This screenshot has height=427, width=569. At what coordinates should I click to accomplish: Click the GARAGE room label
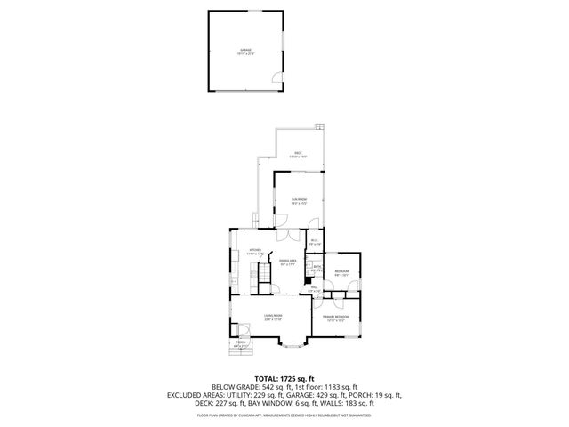[244, 50]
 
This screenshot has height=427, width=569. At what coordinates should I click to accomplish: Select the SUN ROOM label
[298, 200]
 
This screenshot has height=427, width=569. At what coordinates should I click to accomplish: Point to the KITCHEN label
[255, 250]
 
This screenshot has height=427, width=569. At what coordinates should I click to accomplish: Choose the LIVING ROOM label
[272, 316]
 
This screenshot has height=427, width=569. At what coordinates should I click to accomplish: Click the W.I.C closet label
[315, 241]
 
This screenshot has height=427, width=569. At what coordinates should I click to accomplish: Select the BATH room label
[317, 267]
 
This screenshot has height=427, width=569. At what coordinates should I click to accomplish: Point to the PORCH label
[240, 342]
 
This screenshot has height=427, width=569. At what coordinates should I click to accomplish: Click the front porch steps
[240, 352]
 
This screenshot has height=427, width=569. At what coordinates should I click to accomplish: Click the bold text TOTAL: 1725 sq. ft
[284, 378]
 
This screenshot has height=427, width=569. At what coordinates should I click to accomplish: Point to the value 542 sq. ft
[275, 387]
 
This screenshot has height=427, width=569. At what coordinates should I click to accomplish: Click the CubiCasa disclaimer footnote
[284, 415]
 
